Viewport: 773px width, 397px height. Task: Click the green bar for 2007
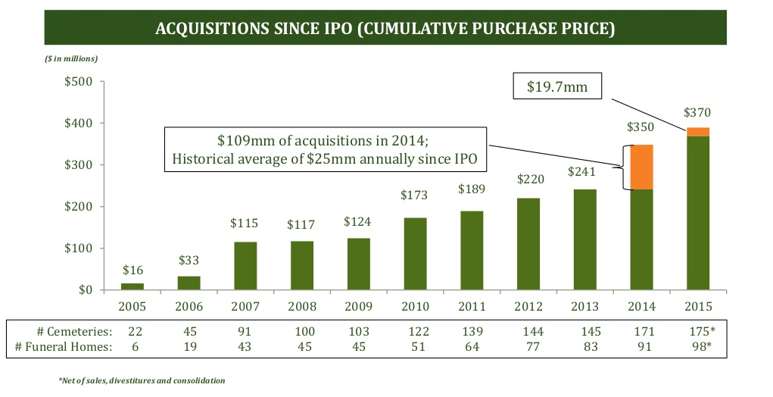click(245, 265)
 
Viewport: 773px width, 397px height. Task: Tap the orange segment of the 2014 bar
click(641, 167)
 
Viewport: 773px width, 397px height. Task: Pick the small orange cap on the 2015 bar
click(698, 132)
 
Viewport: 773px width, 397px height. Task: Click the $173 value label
click(415, 195)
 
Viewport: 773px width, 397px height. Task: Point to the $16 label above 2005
click(132, 270)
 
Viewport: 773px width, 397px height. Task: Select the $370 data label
click(698, 112)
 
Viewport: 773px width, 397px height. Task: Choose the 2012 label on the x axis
click(528, 308)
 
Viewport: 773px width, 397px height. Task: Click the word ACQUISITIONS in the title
click(215, 30)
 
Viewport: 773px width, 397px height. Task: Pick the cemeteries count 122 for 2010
click(415, 331)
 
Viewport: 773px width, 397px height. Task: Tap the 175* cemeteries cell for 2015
click(700, 331)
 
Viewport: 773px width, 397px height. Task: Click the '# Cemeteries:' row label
click(73, 331)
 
